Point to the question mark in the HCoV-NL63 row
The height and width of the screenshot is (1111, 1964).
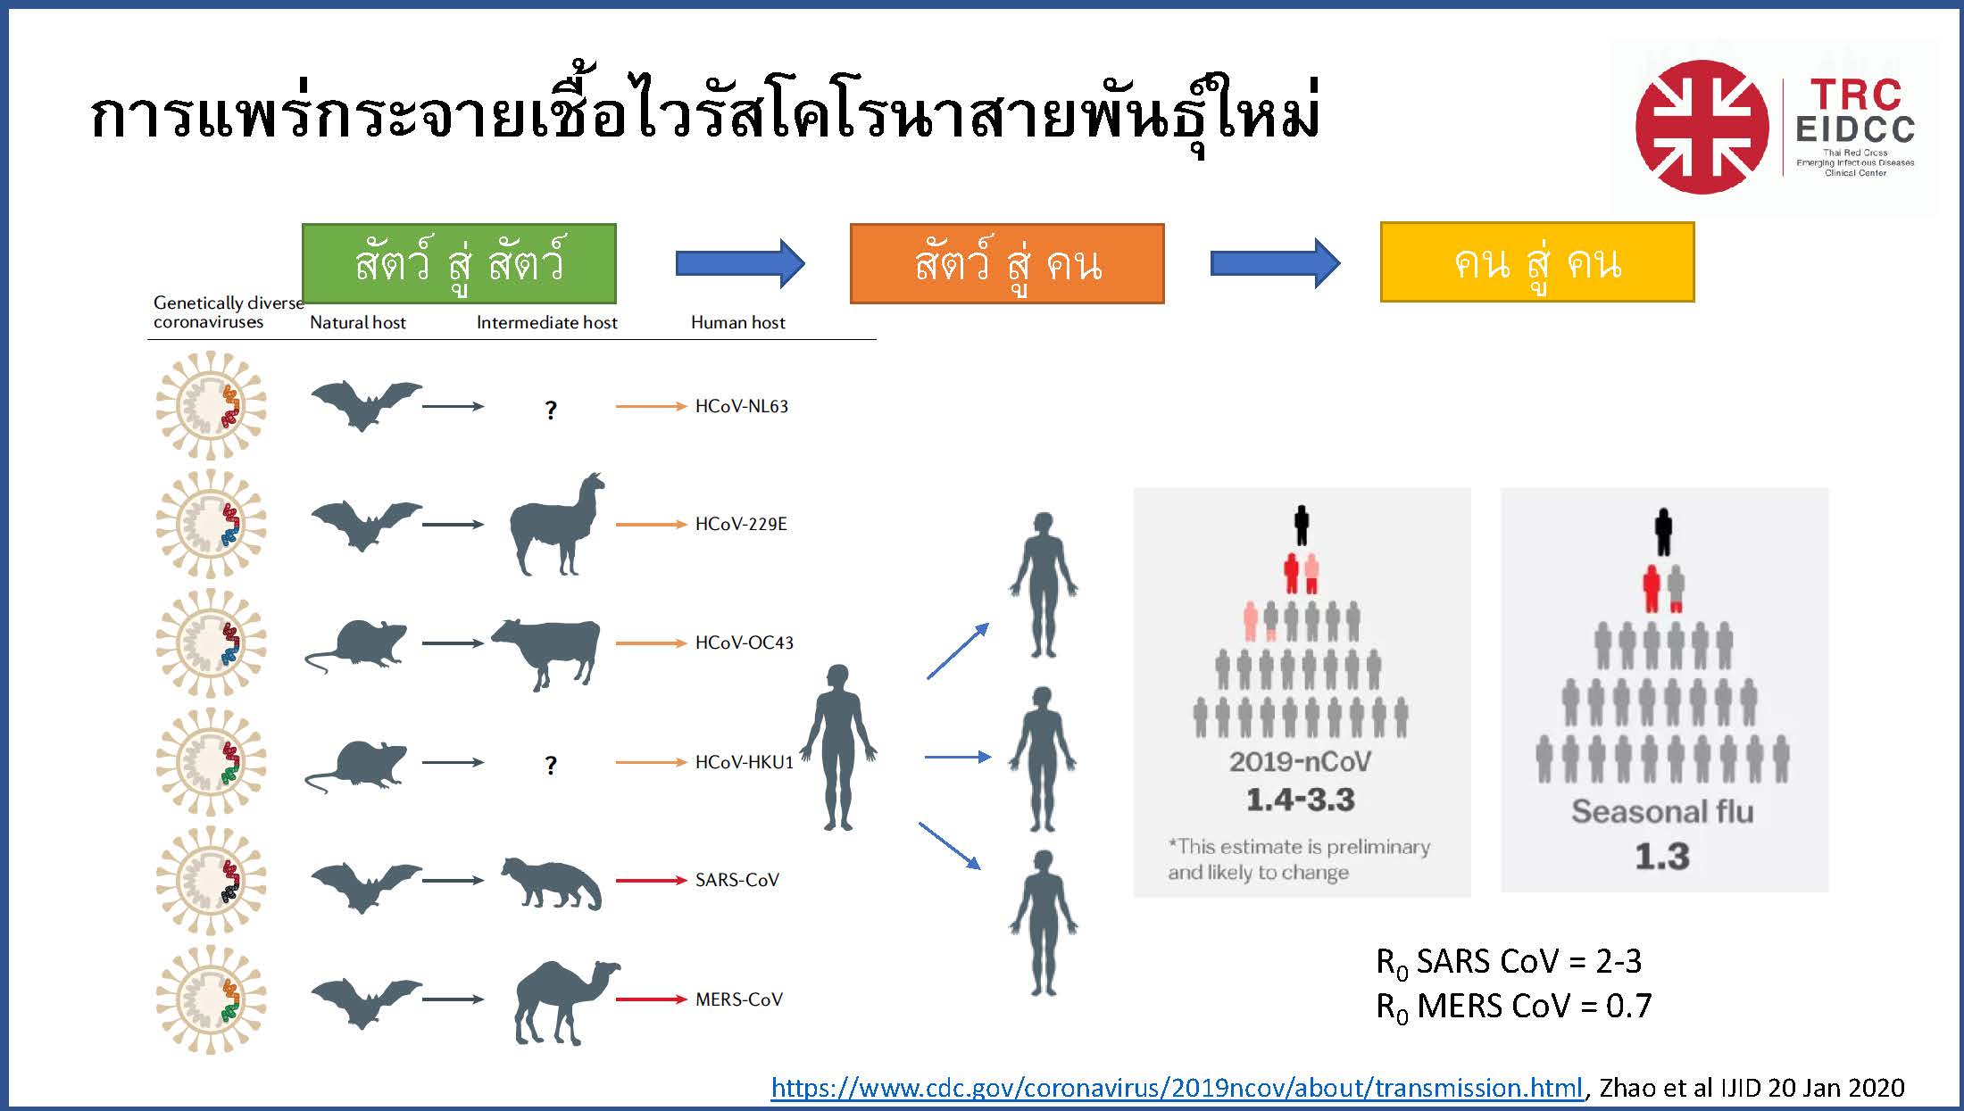point(551,410)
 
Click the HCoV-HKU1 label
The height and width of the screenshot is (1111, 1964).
point(744,762)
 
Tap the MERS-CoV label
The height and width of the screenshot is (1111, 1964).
point(738,999)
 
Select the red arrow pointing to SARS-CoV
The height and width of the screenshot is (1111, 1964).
point(652,881)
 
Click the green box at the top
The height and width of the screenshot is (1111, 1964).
point(459,263)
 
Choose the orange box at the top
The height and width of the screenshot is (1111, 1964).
point(1007,263)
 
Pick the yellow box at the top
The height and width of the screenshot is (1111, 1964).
point(1537,262)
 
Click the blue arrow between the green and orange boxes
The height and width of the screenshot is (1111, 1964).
point(740,263)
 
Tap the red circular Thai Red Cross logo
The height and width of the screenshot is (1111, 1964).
point(1702,127)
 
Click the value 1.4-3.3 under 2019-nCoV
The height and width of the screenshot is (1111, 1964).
point(1301,800)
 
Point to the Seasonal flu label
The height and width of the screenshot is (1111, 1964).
point(1662,811)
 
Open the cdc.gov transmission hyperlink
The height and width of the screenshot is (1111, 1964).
point(1177,1088)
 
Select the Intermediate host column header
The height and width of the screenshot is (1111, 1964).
point(546,322)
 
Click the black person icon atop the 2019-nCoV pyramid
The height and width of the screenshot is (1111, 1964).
point(1302,526)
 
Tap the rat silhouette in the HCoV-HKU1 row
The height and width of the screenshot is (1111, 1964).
point(356,766)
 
